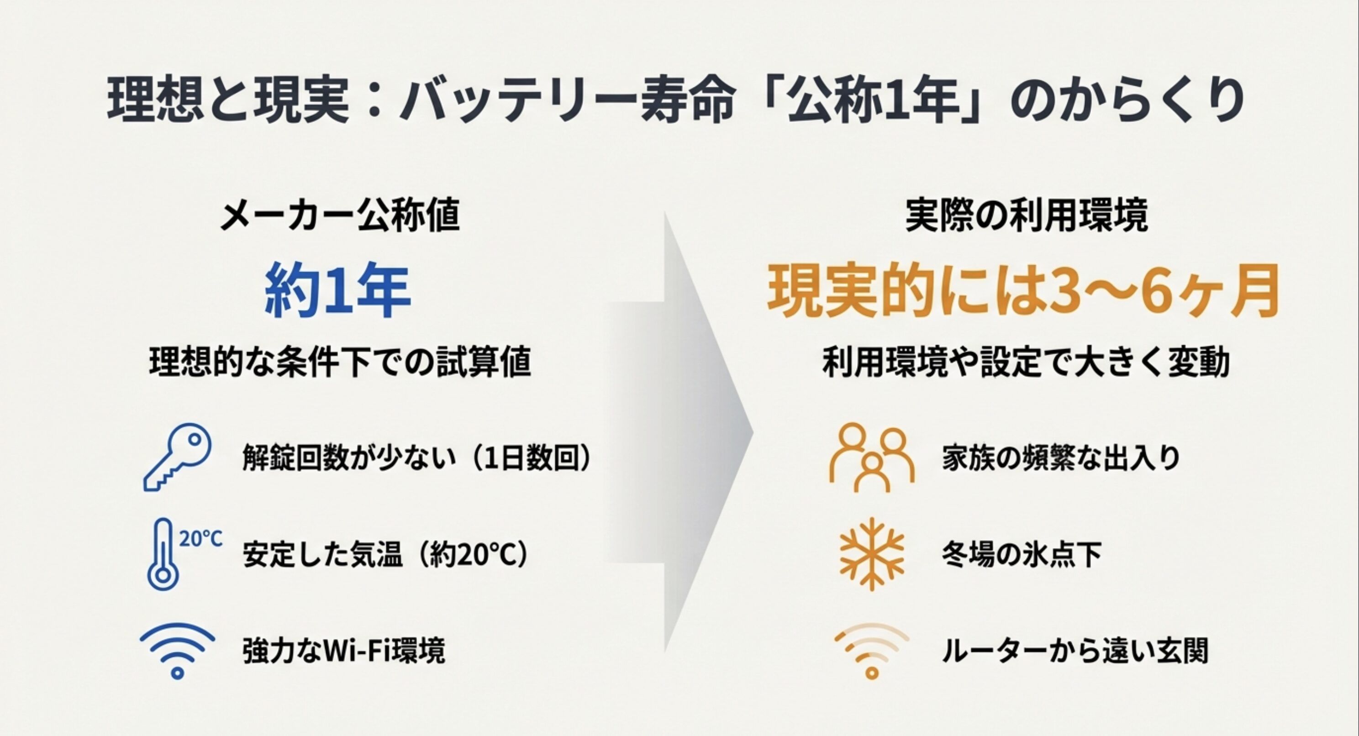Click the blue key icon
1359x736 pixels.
(x=177, y=457)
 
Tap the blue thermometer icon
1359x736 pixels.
(x=161, y=554)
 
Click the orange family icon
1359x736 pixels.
(x=872, y=457)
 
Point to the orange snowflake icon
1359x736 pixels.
(x=872, y=554)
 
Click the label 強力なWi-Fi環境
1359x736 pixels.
(x=343, y=651)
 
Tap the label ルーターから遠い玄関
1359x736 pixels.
(x=1075, y=651)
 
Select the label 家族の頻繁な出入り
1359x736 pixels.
(x=1061, y=458)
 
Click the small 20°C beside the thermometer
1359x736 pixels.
(x=201, y=539)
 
